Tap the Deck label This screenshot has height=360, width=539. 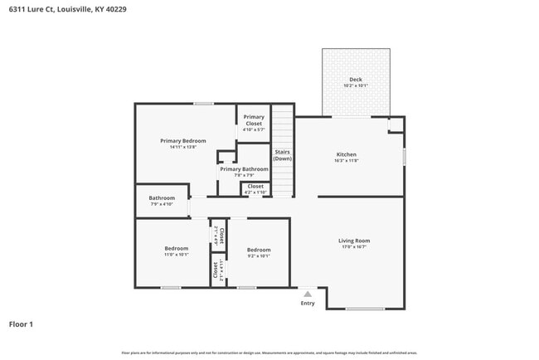point(355,80)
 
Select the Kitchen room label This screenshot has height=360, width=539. point(346,154)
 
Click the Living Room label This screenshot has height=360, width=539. point(354,241)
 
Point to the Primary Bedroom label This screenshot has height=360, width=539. point(182,141)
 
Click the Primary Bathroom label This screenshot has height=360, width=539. point(244,169)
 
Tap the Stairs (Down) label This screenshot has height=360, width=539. point(283,155)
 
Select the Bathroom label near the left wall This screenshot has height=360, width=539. point(162,198)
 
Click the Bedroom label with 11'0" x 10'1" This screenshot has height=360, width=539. point(176,249)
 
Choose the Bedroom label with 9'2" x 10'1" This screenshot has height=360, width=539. point(259,250)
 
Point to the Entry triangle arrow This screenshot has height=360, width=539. point(308,294)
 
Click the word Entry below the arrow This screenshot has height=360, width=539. point(308,303)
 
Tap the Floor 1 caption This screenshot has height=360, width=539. point(22,324)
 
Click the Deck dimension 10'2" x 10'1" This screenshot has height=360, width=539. point(355,85)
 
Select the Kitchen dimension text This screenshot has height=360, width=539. point(346,160)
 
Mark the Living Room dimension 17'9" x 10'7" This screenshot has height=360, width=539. point(354,246)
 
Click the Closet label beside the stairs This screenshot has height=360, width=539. point(255,186)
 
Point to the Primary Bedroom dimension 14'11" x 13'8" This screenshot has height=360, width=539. point(182,147)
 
